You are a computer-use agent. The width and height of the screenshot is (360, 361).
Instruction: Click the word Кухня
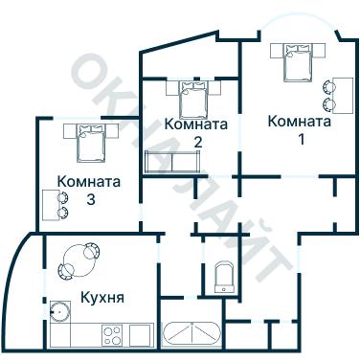coord(102,297)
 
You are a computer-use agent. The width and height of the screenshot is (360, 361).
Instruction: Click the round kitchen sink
coord(60,311)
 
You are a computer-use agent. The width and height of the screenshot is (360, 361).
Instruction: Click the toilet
coord(227,277)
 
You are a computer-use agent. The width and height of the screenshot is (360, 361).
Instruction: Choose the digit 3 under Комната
coord(90,199)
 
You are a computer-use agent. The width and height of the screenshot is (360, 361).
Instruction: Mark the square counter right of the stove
coord(140,335)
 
